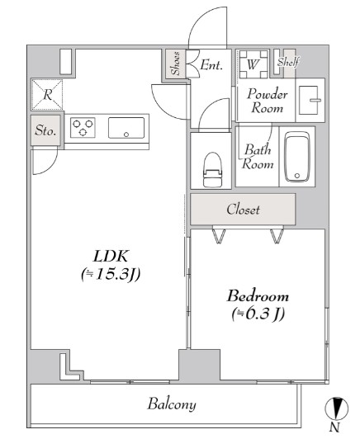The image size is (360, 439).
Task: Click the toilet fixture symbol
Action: coord(213,170)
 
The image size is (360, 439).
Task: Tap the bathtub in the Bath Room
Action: coord(297,157)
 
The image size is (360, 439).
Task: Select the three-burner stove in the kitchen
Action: coord(83,128)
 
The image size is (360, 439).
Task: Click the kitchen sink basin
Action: coord(126,128)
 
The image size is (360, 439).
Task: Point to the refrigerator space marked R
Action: coord(47,95)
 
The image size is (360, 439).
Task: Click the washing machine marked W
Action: coord(253,64)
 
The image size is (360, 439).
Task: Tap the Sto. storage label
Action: coord(45,130)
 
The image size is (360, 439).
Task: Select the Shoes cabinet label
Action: coord(175,64)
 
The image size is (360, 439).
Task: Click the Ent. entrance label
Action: coord(211,65)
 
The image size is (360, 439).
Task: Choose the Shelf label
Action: coord(288,62)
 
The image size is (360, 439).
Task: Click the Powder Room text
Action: coord(268,101)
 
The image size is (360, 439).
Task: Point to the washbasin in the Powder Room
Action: coord(310,100)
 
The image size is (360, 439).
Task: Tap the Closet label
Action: coord(244,210)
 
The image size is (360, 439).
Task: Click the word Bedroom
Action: coord(258,296)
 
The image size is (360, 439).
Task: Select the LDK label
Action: coord(111,256)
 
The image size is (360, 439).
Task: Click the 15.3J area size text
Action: coord(111,275)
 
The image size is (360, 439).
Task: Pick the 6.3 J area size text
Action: coord(258,314)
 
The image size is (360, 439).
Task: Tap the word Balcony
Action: coord(172,404)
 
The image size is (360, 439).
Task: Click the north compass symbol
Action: coord(336,408)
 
